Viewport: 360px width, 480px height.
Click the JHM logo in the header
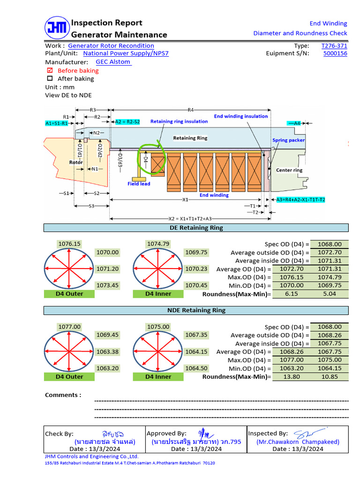pyautogui.click(x=57, y=28)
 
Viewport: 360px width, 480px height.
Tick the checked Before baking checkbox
pyautogui.click(x=50, y=71)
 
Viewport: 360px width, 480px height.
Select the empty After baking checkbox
pyautogui.click(x=50, y=79)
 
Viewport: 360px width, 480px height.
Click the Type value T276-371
pyautogui.click(x=334, y=46)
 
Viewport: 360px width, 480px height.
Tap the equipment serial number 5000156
pyautogui.click(x=335, y=53)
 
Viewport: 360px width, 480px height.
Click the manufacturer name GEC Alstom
pyautogui.click(x=113, y=62)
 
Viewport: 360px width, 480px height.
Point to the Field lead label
pyautogui.click(x=139, y=184)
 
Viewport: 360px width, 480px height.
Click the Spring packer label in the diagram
pyautogui.click(x=289, y=140)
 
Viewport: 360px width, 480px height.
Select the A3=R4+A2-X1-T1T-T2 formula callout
pyautogui.click(x=300, y=200)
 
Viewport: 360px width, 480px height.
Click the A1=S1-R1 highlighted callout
pyautogui.click(x=57, y=123)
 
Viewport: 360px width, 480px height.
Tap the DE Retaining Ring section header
pyautogui.click(x=196, y=228)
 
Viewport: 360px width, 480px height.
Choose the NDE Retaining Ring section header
pyautogui.click(x=196, y=310)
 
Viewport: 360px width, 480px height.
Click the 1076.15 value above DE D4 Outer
pyautogui.click(x=69, y=244)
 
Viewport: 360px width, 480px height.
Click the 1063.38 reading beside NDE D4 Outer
pyautogui.click(x=107, y=352)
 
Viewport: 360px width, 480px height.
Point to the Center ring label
pyautogui.click(x=289, y=170)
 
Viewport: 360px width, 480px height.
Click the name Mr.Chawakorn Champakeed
pyautogui.click(x=298, y=442)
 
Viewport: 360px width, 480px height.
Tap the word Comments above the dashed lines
pyautogui.click(x=63, y=395)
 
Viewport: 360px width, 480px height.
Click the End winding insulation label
pyautogui.click(x=241, y=116)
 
